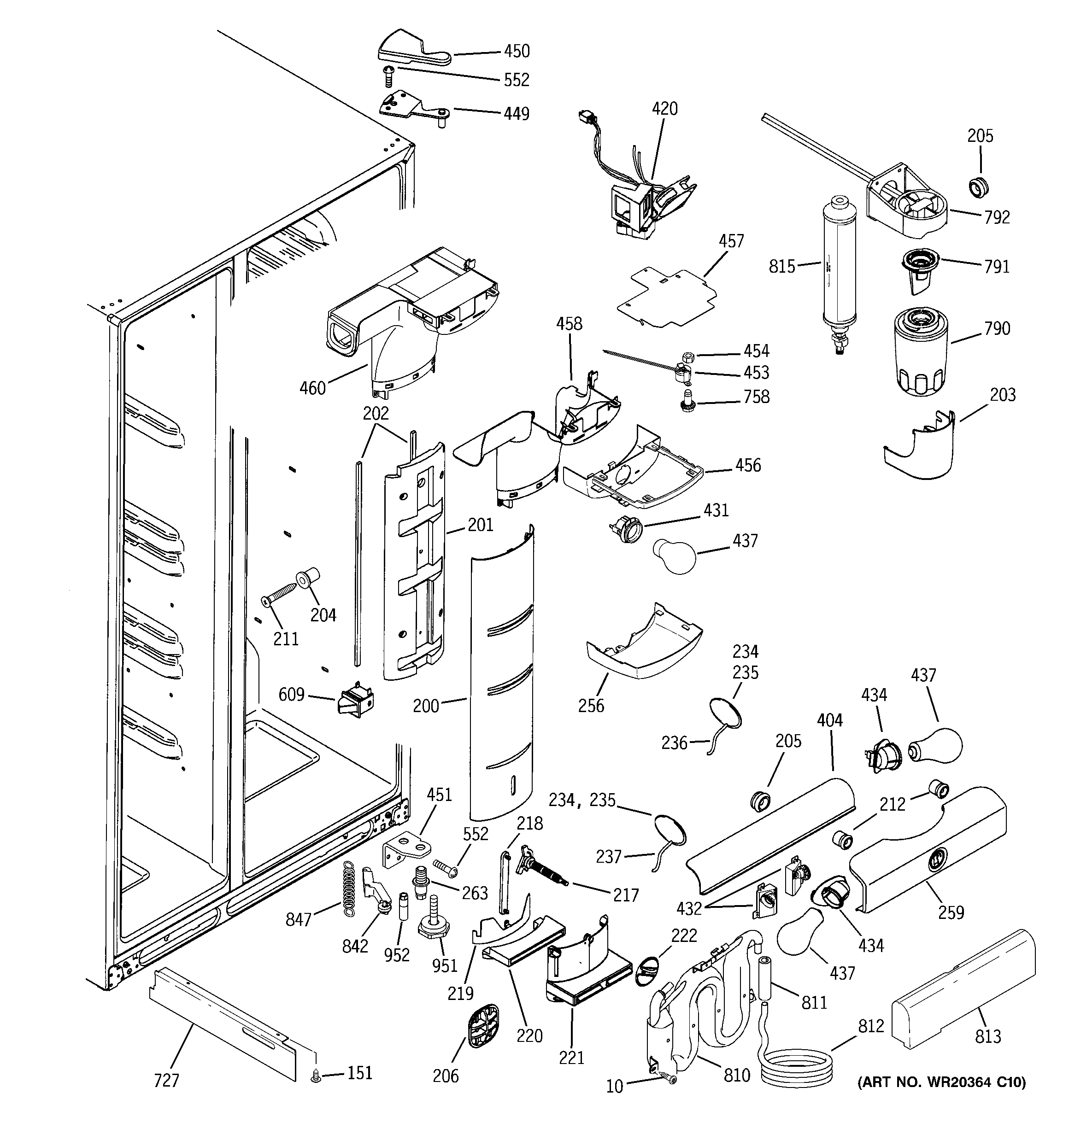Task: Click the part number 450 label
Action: point(517,52)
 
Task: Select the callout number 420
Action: point(664,109)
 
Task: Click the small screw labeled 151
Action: point(316,1078)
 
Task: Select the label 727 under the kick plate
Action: point(166,1081)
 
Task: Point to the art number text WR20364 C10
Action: point(941,1082)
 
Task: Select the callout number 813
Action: point(987,1036)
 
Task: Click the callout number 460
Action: point(313,388)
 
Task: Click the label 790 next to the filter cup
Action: point(997,328)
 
